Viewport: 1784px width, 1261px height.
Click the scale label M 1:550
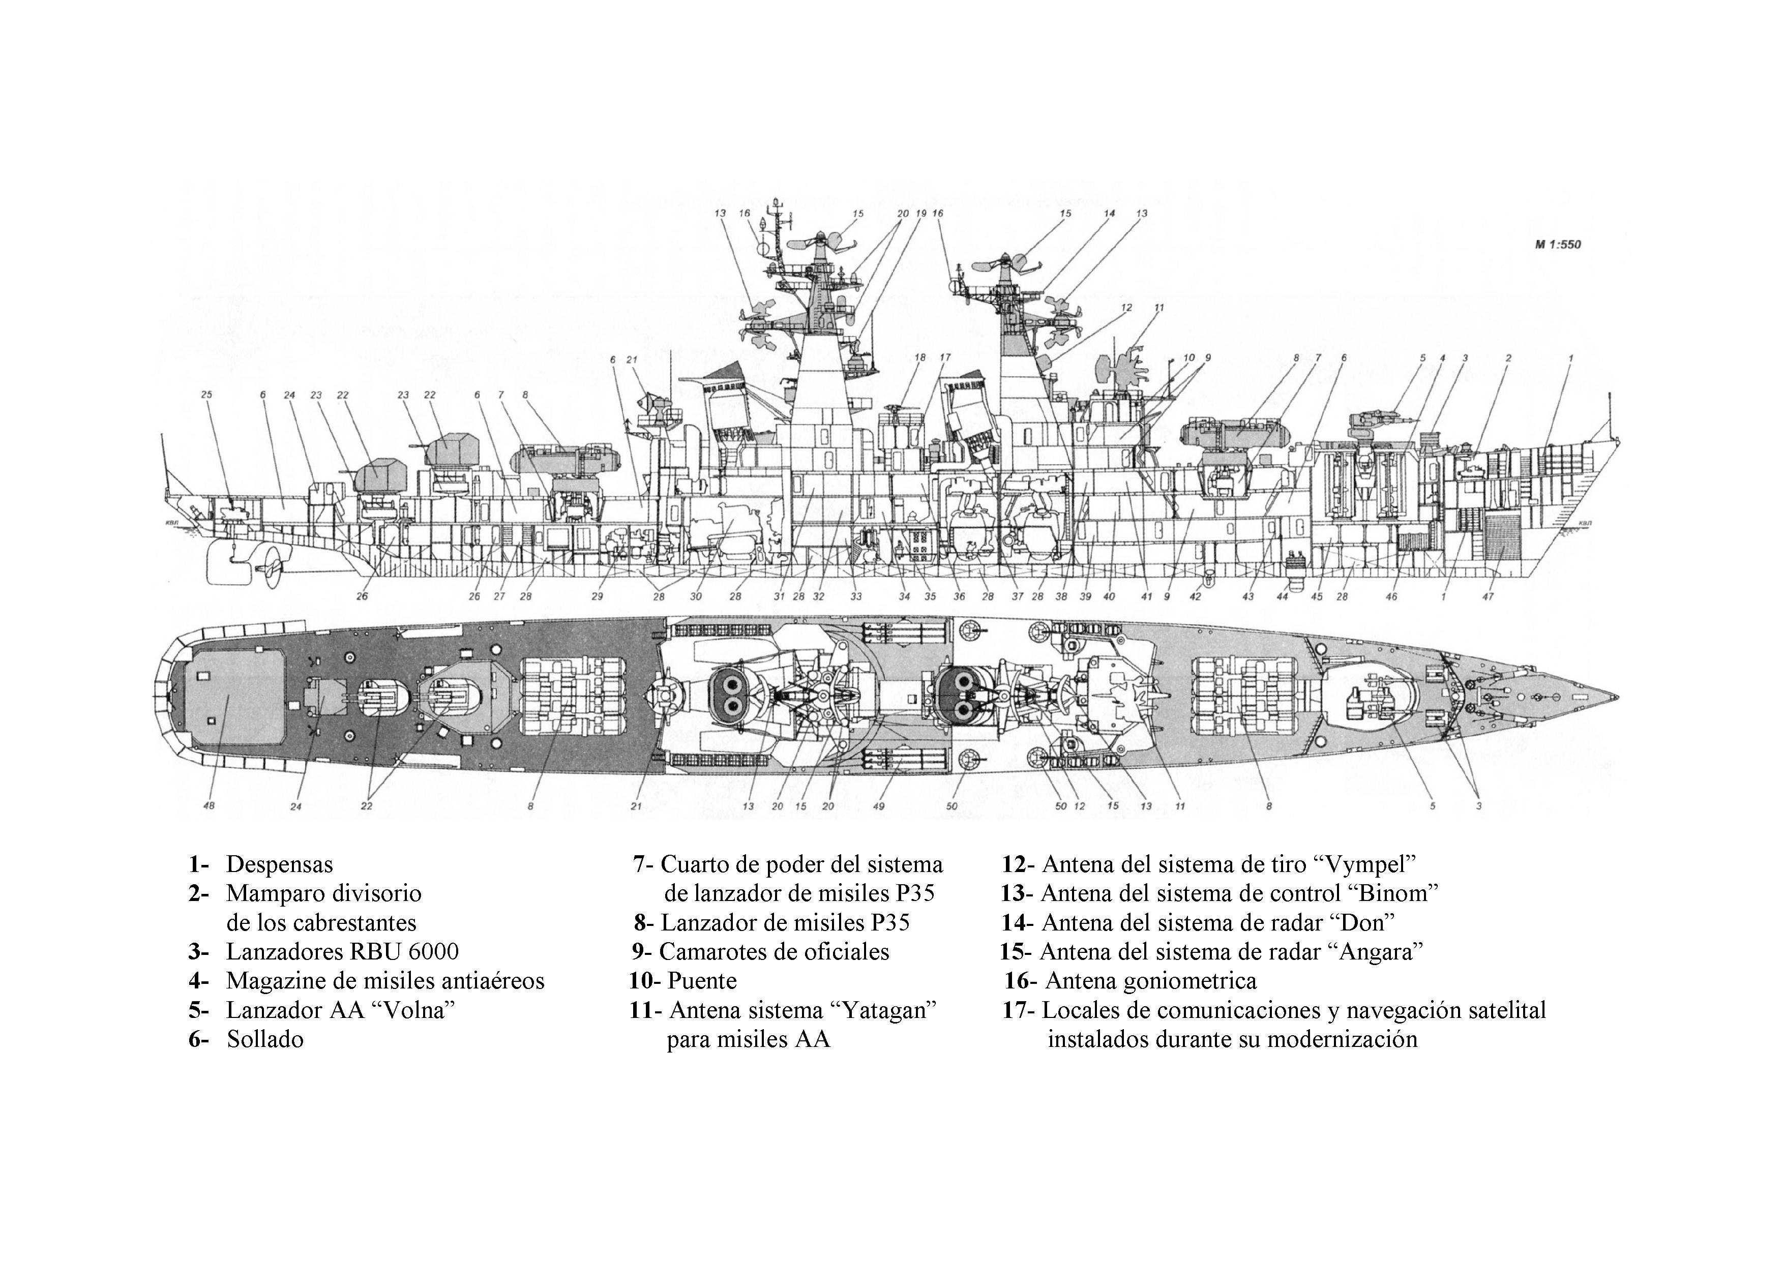tap(1557, 245)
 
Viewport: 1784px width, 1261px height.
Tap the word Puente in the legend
tap(702, 980)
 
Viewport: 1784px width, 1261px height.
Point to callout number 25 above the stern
tap(206, 395)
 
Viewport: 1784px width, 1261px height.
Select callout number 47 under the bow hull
tap(1488, 597)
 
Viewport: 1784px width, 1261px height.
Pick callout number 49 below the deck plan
tap(879, 806)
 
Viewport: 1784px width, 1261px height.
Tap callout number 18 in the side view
tap(921, 357)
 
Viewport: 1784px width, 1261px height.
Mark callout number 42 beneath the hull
tap(1195, 597)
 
